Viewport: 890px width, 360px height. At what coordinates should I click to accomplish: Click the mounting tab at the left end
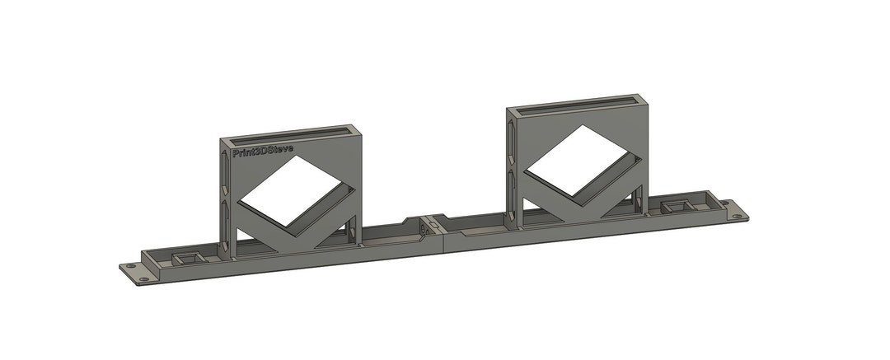click(133, 271)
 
